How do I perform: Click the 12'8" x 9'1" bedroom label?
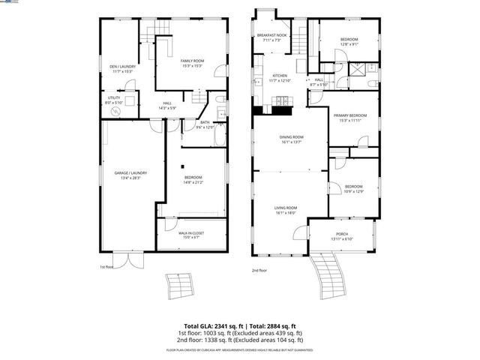click(349, 41)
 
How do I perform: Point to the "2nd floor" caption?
click(259, 270)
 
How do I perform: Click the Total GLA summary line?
click(240, 325)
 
